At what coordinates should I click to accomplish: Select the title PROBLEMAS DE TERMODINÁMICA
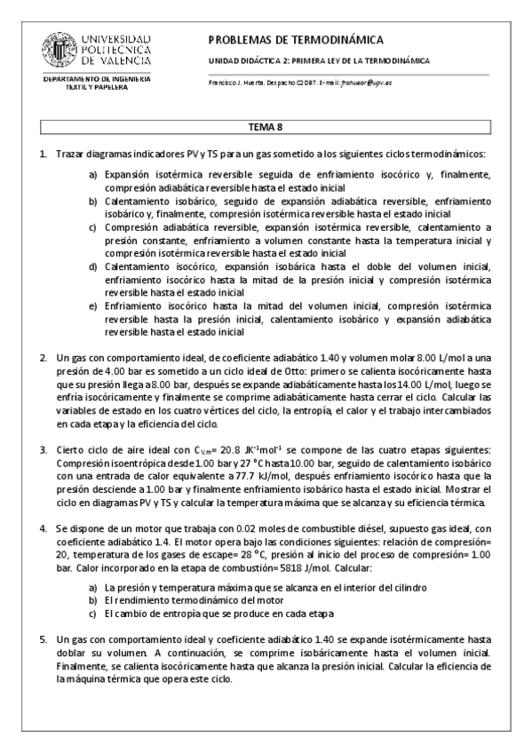click(295, 40)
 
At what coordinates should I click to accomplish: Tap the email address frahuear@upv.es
click(368, 82)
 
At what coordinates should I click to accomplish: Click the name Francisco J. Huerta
click(237, 82)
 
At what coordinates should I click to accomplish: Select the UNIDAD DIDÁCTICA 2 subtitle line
click(318, 61)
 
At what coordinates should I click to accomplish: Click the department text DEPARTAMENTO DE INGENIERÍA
click(97, 79)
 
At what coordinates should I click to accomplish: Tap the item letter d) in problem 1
click(92, 266)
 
